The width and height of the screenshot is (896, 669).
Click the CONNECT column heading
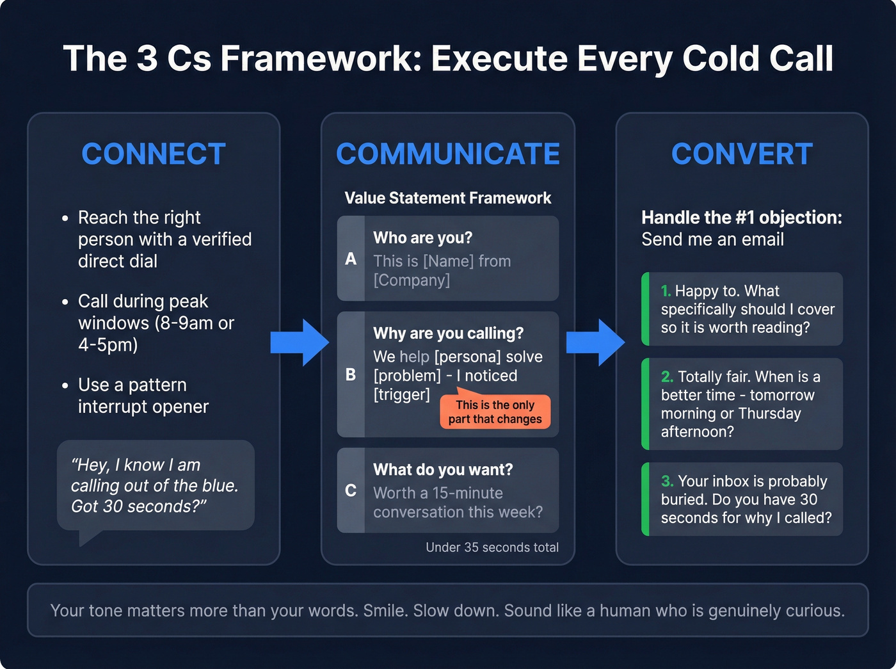pos(154,154)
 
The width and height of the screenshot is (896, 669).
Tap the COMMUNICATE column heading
pos(447,154)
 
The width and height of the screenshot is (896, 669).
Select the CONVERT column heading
pos(742,154)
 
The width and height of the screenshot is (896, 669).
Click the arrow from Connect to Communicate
pos(300,343)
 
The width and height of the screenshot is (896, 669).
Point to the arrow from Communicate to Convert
pos(595,343)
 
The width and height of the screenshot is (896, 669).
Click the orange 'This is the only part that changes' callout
pos(495,412)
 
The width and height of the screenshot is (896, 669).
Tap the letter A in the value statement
pos(351,259)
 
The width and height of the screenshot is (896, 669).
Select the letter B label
pos(351,375)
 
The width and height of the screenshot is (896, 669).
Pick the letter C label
pos(351,490)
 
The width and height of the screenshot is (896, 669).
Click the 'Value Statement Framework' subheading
pos(447,198)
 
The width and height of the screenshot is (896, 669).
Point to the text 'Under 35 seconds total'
pos(492,547)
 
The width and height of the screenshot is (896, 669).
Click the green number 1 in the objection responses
pos(666,291)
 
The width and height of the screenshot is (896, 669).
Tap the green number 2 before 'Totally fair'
pos(667,377)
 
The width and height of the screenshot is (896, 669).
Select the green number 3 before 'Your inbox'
pos(667,481)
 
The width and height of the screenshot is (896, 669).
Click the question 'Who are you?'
pos(422,238)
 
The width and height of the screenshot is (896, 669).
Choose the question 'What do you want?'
pos(443,470)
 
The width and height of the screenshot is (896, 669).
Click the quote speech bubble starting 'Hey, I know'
pos(156,485)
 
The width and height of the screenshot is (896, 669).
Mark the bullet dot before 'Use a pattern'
pos(65,386)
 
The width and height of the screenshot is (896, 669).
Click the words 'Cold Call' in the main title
pos(758,59)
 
